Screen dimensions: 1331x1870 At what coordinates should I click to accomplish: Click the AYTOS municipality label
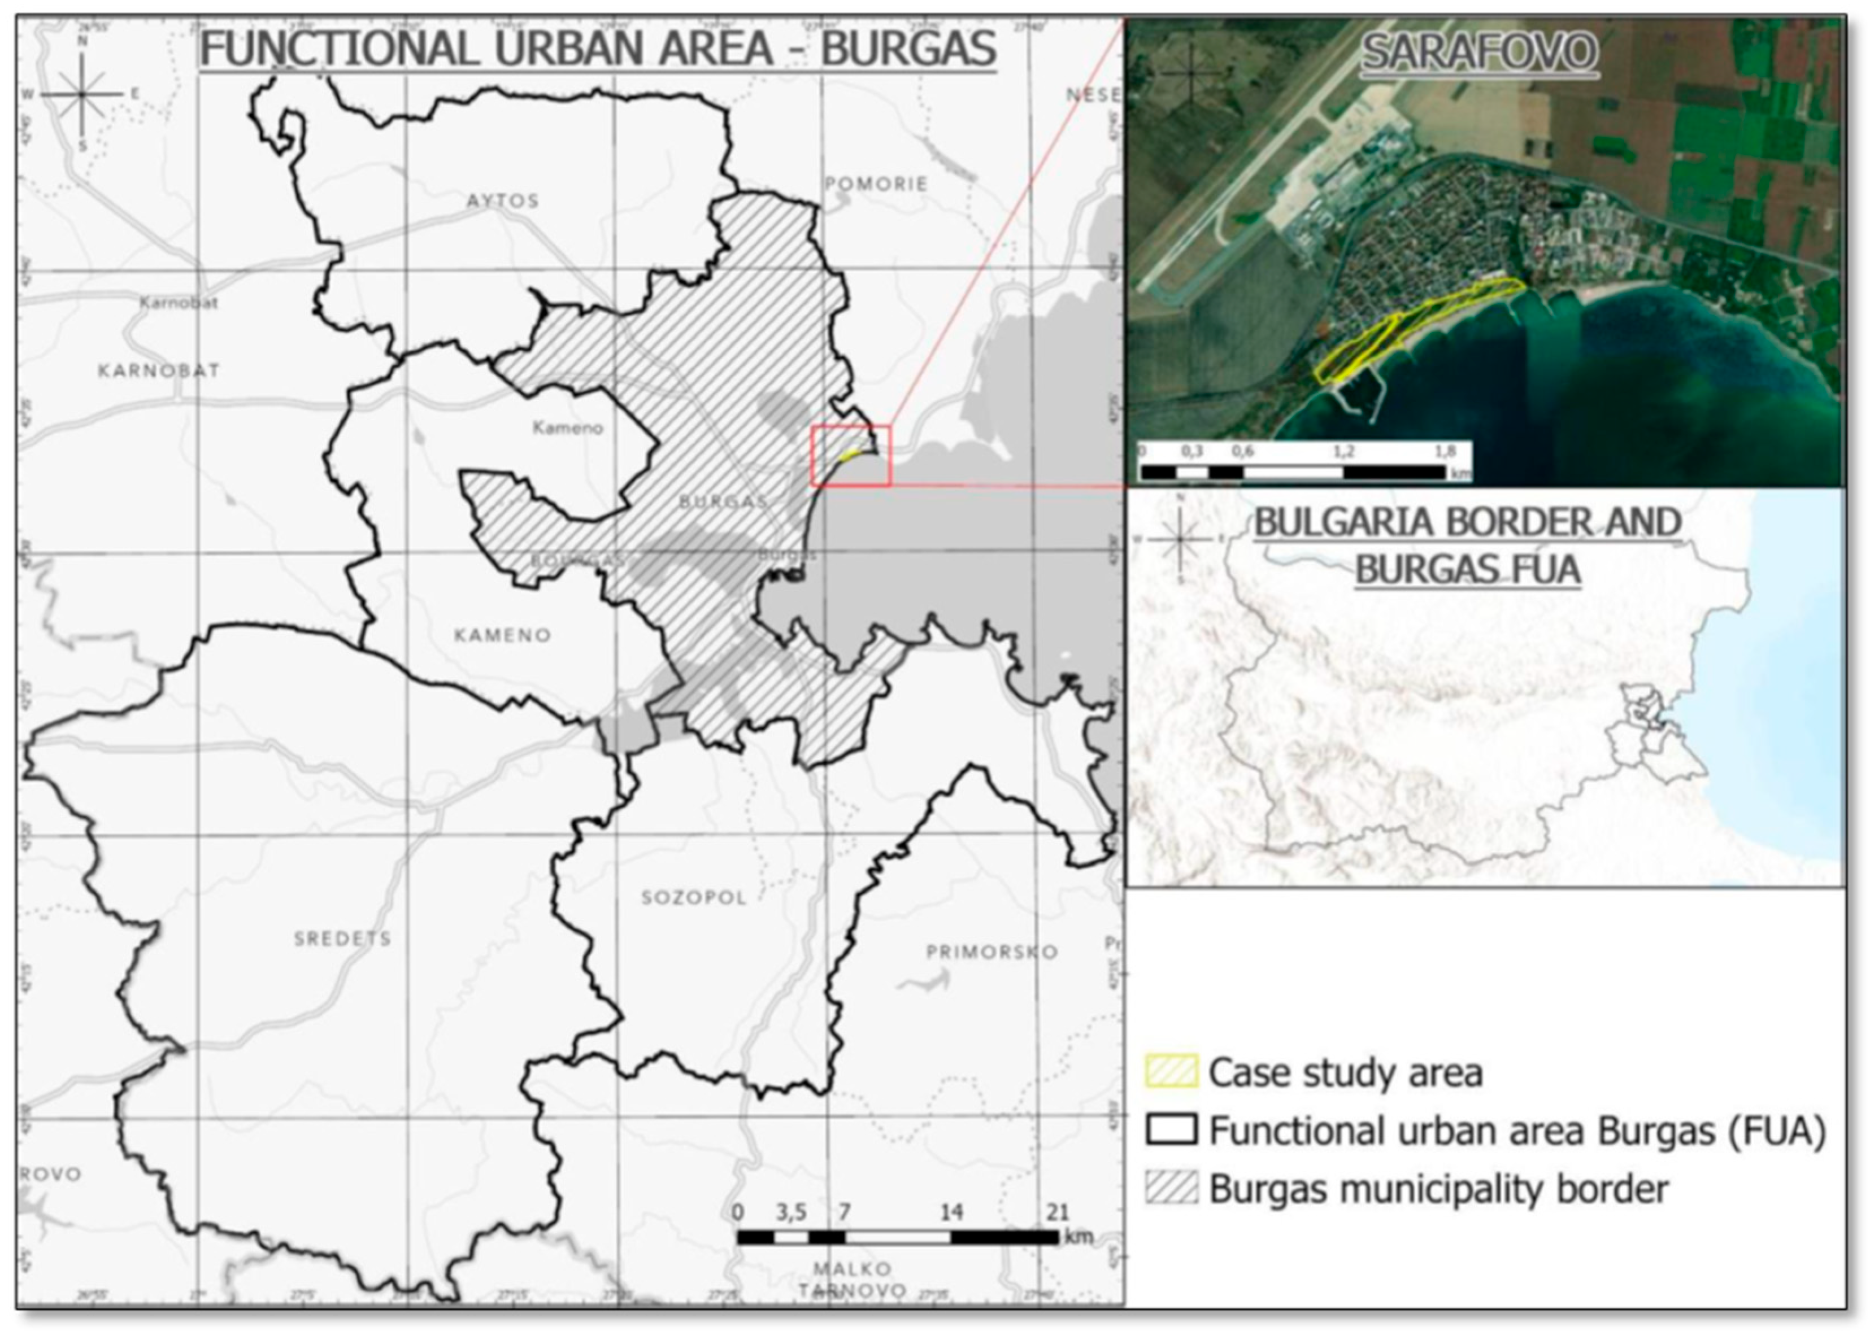(x=503, y=201)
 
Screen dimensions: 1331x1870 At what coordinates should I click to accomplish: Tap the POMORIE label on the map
(x=876, y=184)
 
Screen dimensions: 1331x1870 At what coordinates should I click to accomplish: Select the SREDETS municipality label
(x=343, y=939)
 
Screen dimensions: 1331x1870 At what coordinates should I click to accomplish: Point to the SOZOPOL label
(x=694, y=897)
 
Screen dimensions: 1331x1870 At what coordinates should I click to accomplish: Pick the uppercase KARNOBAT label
(x=159, y=370)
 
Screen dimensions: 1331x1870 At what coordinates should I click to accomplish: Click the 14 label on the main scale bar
(x=951, y=1212)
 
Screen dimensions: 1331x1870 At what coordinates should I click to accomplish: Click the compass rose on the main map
(x=81, y=95)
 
